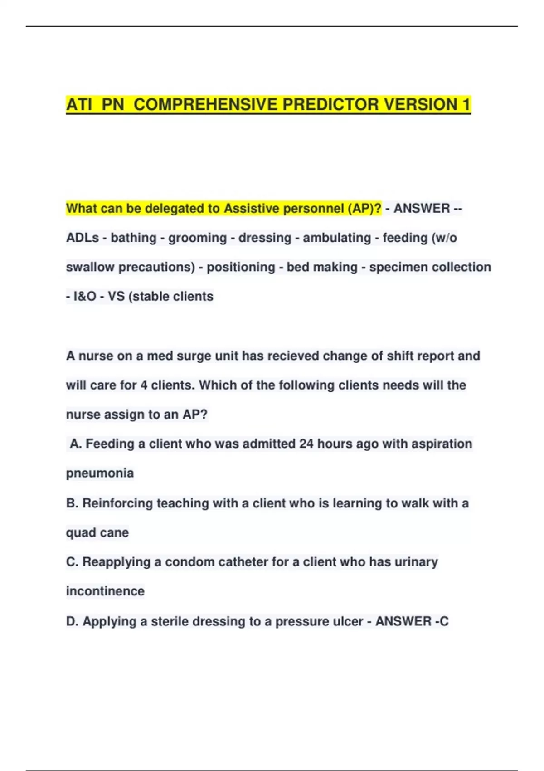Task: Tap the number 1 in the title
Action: tap(466, 105)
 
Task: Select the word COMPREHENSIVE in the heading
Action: tap(205, 105)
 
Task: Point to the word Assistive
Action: tap(252, 209)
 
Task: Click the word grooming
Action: tap(197, 238)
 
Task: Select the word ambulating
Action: tap(337, 238)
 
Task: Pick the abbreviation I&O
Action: tap(85, 297)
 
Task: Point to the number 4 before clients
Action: tap(144, 385)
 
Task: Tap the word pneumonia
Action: tap(100, 473)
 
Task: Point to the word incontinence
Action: tap(105, 591)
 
